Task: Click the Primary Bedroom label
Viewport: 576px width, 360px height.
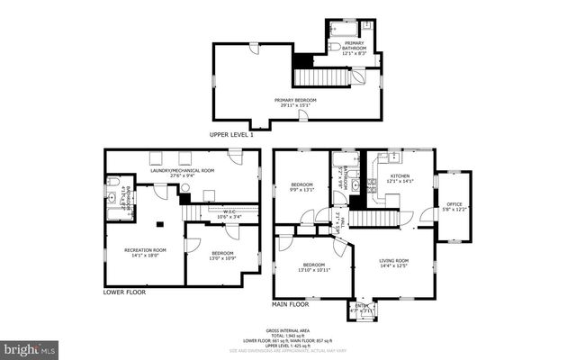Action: coord(294,101)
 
